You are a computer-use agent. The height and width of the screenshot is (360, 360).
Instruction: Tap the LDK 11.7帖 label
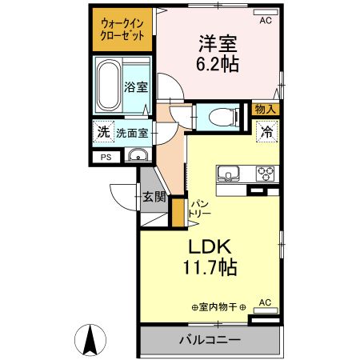[212, 257]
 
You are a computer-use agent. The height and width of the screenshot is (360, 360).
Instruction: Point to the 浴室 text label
[135, 88]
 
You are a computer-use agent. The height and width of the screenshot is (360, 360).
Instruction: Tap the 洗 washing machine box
[102, 133]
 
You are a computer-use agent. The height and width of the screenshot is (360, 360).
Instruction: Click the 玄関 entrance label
[154, 196]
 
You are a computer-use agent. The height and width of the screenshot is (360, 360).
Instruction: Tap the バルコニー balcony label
[210, 340]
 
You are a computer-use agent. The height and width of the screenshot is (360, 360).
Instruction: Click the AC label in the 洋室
[265, 22]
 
